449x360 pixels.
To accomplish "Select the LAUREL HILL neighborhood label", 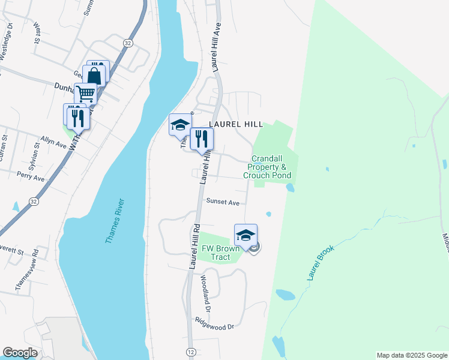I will click(236, 124).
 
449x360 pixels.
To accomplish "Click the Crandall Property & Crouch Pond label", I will click(267, 167).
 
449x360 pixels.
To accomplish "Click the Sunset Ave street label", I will click(223, 202).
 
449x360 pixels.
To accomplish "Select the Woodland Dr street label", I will click(205, 294).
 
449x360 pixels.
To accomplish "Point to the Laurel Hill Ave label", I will click(216, 47).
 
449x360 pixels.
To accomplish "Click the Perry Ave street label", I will click(31, 179).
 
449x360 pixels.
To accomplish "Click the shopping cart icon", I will click(86, 94).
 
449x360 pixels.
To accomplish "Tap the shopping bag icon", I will click(94, 76).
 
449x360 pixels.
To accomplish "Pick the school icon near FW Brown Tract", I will click(246, 235).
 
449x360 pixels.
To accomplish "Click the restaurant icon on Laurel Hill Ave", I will click(202, 139).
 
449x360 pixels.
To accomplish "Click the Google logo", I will click(20, 353).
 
